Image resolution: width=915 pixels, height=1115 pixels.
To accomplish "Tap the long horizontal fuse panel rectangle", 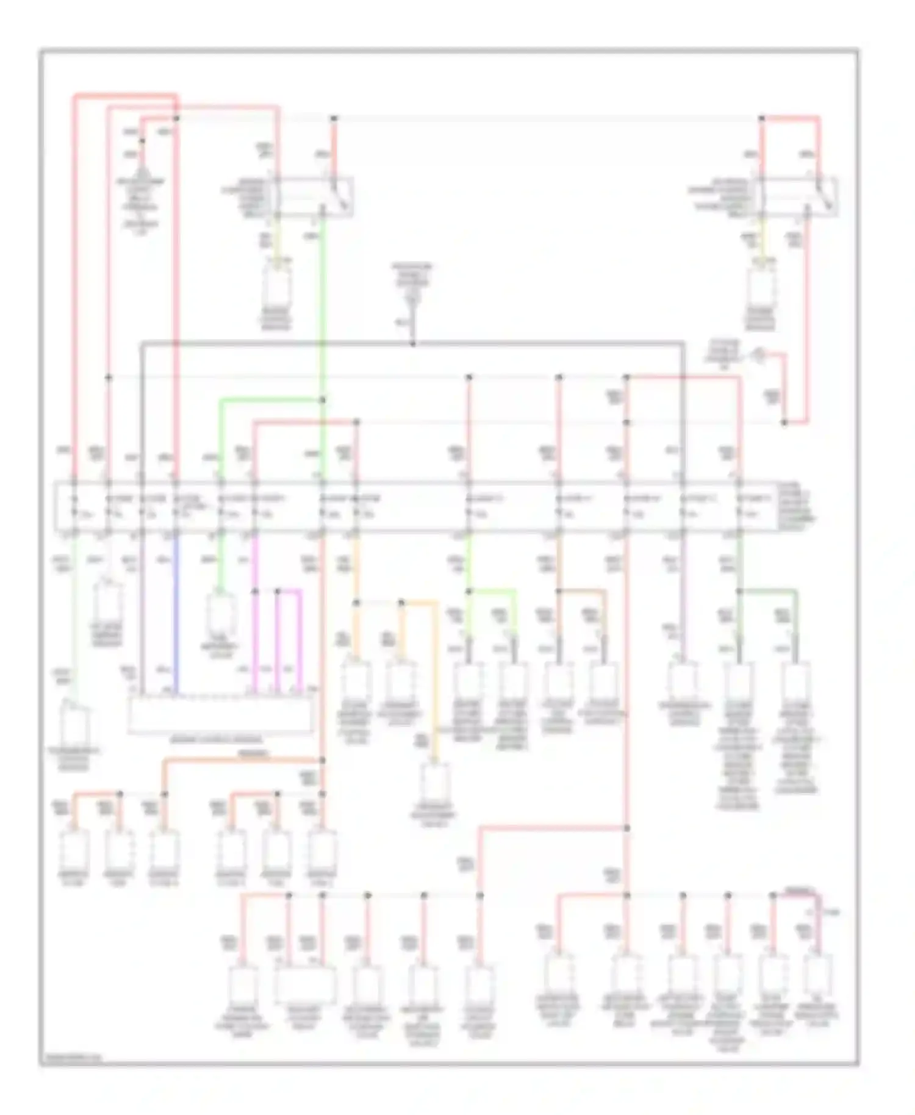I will (415, 506).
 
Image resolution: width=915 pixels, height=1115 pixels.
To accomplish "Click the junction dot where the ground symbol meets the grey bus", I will (413, 344).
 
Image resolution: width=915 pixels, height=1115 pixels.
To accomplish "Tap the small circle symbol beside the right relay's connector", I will (759, 351).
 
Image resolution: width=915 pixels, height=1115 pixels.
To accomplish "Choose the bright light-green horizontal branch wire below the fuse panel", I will (493, 590).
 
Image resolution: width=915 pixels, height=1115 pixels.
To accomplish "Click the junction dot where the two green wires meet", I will (323, 400).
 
